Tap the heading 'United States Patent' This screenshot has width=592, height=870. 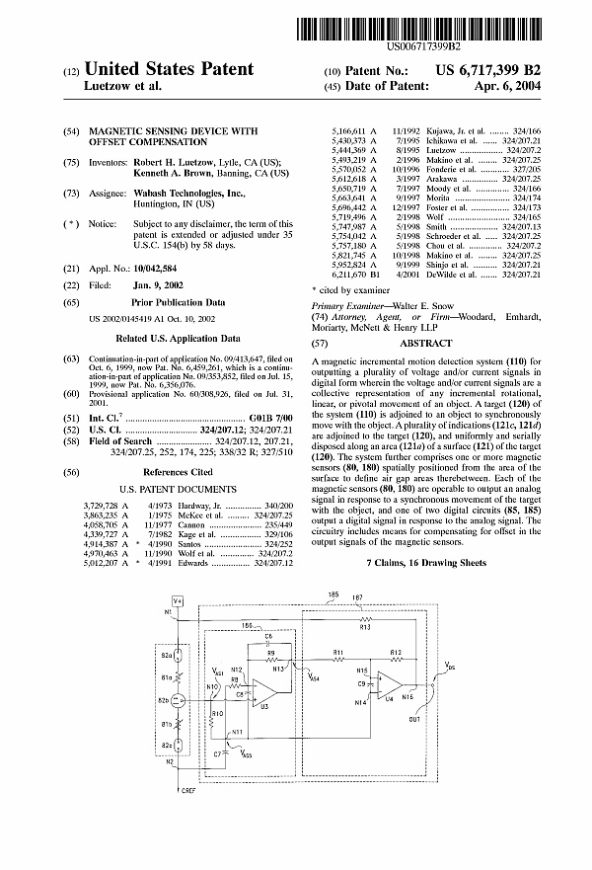click(169, 70)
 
